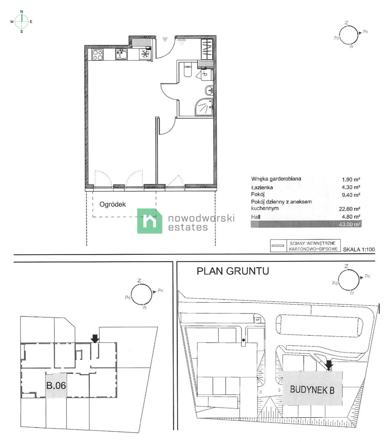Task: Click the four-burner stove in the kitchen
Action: (97, 55)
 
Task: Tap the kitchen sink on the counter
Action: (121, 55)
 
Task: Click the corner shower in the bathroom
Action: (205, 107)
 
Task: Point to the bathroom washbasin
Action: (209, 89)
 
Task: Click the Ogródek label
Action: (112, 204)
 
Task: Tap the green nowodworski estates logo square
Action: (149, 221)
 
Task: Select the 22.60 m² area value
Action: (351, 209)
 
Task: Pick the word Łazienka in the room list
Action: (262, 187)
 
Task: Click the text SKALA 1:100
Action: (359, 250)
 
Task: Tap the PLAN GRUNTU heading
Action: (233, 271)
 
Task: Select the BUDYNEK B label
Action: (312, 390)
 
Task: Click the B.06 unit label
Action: (56, 386)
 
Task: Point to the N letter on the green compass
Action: (21, 11)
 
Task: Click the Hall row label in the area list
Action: (255, 217)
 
